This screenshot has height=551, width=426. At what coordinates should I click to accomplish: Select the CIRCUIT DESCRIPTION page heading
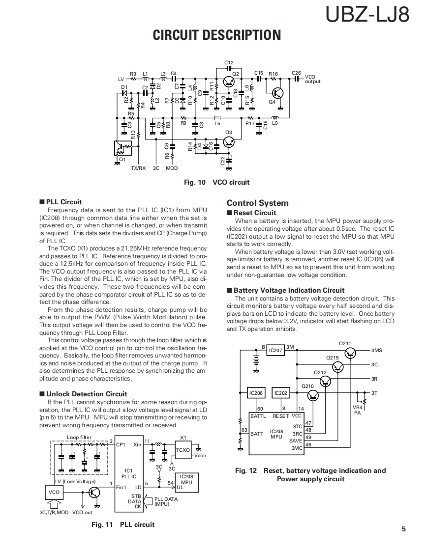[217, 35]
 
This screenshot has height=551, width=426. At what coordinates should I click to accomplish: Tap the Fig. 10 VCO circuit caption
[216, 182]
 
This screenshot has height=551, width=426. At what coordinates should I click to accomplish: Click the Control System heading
[257, 203]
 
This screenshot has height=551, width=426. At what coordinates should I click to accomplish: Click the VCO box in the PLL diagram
[54, 492]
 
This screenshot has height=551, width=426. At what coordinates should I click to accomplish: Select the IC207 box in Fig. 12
[275, 350]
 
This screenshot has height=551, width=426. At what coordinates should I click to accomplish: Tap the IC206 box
[256, 393]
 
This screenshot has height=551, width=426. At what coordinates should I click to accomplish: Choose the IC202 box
[281, 393]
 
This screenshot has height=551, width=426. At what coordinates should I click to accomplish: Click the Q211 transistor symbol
[350, 352]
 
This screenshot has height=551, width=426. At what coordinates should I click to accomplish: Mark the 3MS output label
[377, 350]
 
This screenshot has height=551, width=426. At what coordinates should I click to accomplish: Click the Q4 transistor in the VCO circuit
[278, 92]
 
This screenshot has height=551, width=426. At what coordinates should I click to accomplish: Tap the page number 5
[403, 529]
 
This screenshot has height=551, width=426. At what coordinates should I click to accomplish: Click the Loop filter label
[79, 437]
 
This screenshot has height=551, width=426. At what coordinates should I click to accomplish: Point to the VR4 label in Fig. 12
[358, 407]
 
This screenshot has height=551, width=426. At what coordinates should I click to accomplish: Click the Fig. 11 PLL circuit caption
[123, 524]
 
